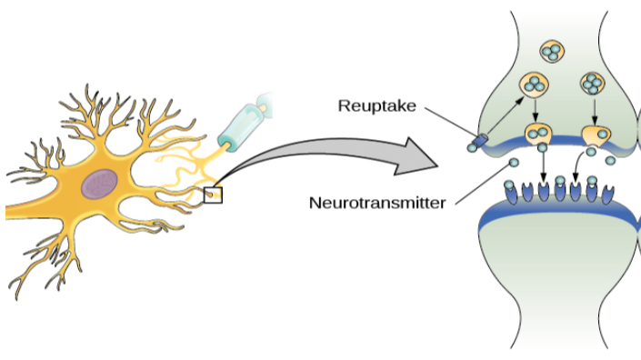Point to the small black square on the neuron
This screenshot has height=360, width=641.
(x=213, y=193)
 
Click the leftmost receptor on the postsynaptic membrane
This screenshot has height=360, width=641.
(x=521, y=192)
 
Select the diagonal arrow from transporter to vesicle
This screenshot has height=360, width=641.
(x=504, y=113)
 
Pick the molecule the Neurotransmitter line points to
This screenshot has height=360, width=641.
(x=514, y=163)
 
